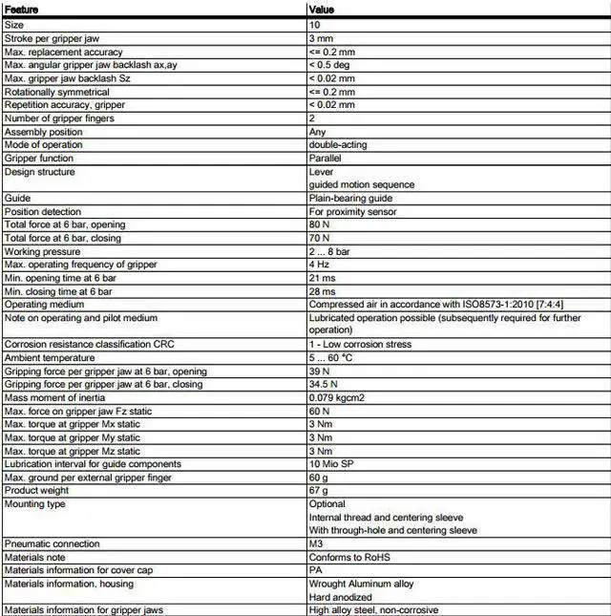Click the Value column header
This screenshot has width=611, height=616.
click(x=321, y=10)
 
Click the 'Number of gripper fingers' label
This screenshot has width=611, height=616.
click(x=59, y=117)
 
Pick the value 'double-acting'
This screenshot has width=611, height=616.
click(x=338, y=144)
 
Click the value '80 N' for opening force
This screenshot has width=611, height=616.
click(x=321, y=224)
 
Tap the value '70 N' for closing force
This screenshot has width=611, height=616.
click(x=321, y=238)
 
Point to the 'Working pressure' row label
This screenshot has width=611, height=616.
click(x=42, y=251)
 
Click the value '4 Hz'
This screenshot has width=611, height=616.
click(x=319, y=264)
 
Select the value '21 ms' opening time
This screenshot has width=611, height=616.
click(x=322, y=277)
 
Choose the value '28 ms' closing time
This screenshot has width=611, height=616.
click(x=322, y=290)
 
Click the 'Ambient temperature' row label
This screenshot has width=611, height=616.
click(x=50, y=357)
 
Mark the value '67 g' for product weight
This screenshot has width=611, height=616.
click(x=319, y=490)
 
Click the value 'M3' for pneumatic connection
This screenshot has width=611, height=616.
click(x=316, y=543)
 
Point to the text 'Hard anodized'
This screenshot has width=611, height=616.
click(x=340, y=596)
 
